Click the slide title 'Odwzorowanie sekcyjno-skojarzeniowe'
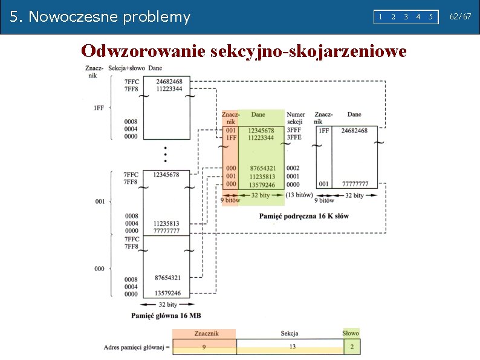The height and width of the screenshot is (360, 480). pos(244,51)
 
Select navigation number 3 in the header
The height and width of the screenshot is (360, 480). pos(405,17)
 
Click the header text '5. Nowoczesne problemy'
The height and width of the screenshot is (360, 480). pos(100,17)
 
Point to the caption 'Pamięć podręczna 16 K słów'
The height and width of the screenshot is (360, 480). pos(303,216)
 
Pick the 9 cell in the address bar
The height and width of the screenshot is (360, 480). pos(204,346)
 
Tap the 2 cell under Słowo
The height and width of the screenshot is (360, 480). pos(351,346)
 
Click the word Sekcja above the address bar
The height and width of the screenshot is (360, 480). pos(289,333)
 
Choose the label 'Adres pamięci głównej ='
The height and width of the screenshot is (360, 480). pos(137,347)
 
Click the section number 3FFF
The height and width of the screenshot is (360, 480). pos(294,130)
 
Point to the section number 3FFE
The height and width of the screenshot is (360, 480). pos(294,137)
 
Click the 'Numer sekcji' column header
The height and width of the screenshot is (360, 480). pos(296,118)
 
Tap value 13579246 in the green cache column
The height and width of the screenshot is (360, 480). pos(262,185)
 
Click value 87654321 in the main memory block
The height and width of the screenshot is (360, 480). pos(167,278)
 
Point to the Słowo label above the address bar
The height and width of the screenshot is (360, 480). pos(351,333)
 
